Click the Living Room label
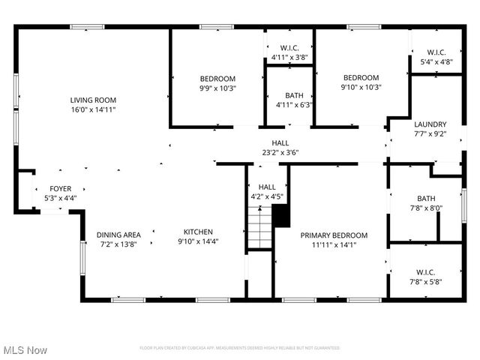click(93, 100)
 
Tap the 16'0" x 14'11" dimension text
click(93, 109)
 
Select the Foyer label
click(61, 188)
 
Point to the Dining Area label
click(118, 234)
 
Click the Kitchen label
click(195, 232)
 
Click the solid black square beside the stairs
click(281, 215)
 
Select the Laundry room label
click(430, 124)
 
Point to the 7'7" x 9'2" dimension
click(430, 134)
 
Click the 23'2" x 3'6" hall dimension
click(280, 152)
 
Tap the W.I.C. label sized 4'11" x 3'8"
click(289, 48)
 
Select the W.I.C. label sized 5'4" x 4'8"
click(433, 52)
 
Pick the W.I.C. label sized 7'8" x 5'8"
click(425, 271)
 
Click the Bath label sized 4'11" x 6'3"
click(294, 95)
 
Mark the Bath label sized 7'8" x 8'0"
click(425, 199)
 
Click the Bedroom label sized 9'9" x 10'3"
click(217, 79)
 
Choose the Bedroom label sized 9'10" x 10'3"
click(361, 77)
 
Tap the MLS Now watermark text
click(25, 350)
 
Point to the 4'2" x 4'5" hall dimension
click(267, 196)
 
